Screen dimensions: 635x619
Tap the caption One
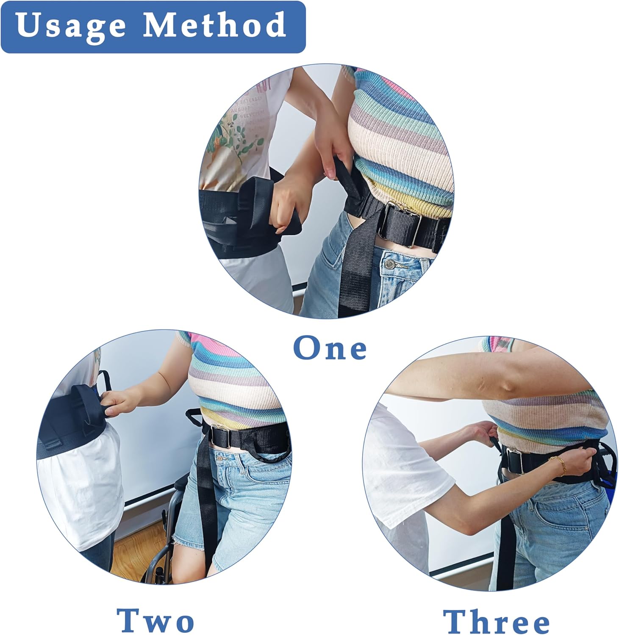(x=330, y=348)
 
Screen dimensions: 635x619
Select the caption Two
(x=155, y=620)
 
